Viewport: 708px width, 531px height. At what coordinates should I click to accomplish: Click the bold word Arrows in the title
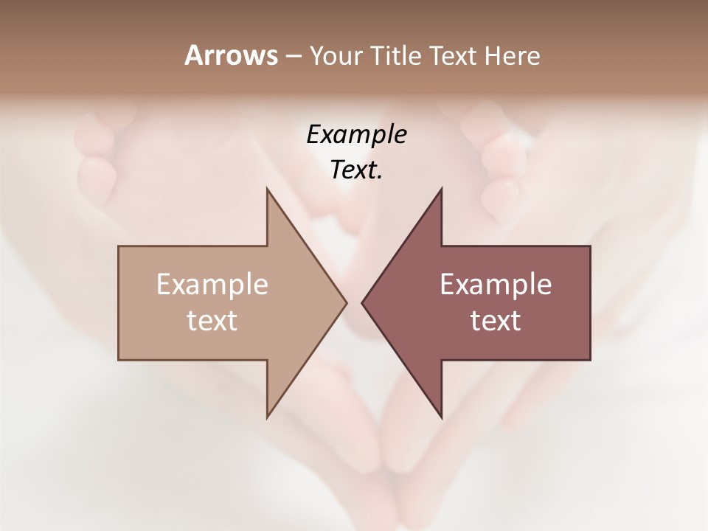pos(231,56)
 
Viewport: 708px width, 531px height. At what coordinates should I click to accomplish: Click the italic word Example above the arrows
pos(356,135)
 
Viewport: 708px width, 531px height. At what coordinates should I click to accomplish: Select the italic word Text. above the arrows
pos(356,170)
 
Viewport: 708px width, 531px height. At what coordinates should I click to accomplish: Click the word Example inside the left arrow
pos(212,285)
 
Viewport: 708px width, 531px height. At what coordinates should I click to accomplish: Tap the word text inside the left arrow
pos(212,321)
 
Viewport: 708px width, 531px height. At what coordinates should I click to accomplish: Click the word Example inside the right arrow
pos(496,285)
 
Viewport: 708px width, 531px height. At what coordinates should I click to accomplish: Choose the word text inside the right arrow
pos(496,321)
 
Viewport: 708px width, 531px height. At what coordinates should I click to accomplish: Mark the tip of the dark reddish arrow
pos(363,302)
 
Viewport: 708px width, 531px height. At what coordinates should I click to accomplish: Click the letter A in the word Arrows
pos(193,56)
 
